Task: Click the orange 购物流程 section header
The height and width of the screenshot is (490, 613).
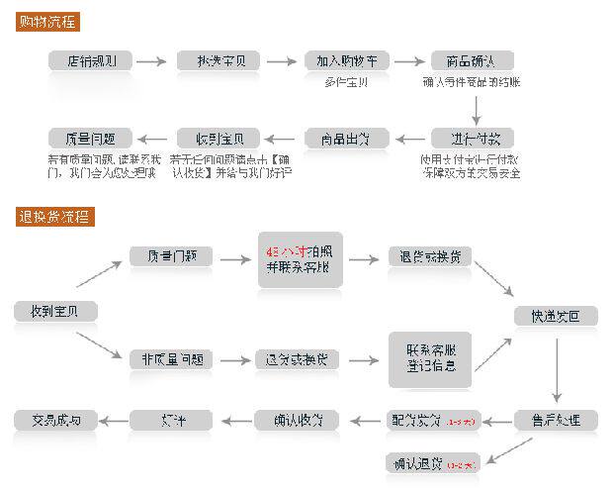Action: (x=48, y=21)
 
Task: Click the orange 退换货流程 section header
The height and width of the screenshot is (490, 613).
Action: (x=54, y=216)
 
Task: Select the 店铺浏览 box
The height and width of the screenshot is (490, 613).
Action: (x=90, y=60)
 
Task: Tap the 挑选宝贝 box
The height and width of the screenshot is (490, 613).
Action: (x=219, y=60)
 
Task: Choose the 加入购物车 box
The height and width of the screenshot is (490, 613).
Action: (x=345, y=60)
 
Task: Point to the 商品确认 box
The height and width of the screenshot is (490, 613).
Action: (x=473, y=60)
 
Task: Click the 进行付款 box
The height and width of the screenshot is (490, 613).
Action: (x=473, y=138)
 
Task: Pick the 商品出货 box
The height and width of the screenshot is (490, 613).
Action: (x=345, y=138)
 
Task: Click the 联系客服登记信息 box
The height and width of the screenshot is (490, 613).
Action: (x=430, y=358)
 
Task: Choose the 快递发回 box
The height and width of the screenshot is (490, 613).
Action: (x=556, y=317)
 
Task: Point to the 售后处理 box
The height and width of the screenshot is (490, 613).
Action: (x=556, y=420)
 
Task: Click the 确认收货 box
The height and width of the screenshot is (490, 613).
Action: (x=297, y=420)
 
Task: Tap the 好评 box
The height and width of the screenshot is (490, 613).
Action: (x=171, y=420)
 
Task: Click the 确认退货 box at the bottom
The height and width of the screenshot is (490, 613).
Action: (x=432, y=462)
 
